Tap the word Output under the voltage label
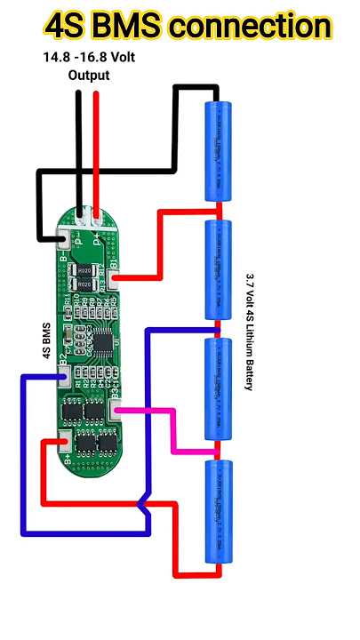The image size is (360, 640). (x=89, y=76)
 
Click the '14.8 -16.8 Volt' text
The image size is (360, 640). (x=89, y=59)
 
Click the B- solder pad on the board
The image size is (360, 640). (x=64, y=240)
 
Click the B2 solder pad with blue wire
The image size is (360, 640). (x=63, y=379)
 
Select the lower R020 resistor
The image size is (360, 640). (x=84, y=284)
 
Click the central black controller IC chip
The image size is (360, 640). (x=103, y=340)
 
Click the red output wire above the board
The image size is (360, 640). (x=96, y=151)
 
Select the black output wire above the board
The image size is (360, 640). (x=80, y=151)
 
